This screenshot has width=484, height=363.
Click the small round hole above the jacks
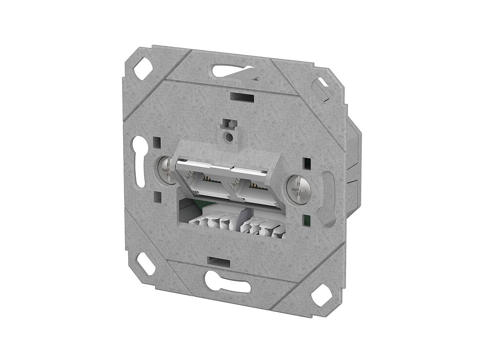click(x=229, y=137)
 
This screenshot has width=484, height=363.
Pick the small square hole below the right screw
click(x=308, y=220)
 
